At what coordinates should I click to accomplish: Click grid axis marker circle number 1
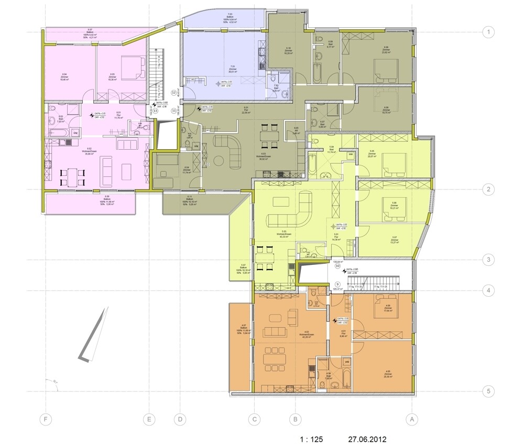pos(488,32)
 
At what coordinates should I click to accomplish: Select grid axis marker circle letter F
pos(47,419)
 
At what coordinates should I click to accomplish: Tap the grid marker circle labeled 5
pos(488,391)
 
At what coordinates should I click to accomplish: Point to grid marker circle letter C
pos(255,419)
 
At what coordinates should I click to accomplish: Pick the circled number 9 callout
pos(337,284)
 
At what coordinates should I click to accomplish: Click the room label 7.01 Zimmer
pos(231,69)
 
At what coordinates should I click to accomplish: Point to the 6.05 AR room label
pos(296,131)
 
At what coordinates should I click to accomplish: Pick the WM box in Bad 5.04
pos(350,155)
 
